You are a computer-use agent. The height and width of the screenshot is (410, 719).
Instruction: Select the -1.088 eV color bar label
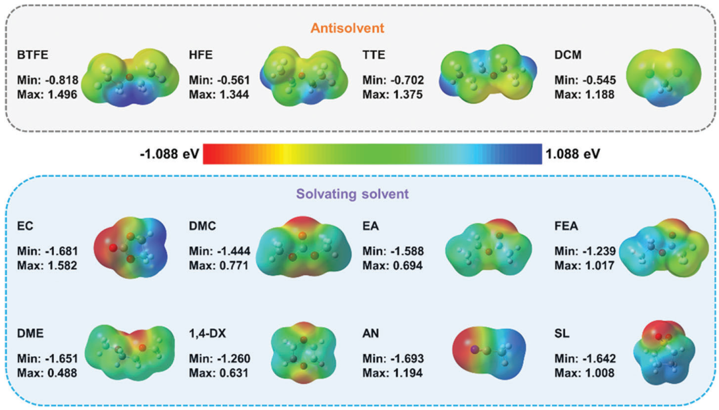click(170, 154)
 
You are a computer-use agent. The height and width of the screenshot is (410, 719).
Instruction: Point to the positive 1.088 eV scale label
click(572, 154)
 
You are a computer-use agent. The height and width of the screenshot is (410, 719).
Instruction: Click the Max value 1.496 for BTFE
click(48, 95)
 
